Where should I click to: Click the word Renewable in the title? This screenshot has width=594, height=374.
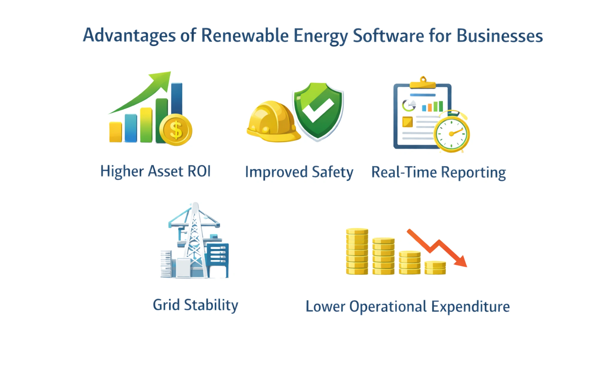click(245, 36)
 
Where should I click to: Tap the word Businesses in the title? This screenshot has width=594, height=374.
click(500, 36)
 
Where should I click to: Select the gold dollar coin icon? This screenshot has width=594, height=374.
click(176, 130)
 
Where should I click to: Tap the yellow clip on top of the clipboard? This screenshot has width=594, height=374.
click(423, 83)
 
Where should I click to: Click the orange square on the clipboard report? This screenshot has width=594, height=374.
click(407, 122)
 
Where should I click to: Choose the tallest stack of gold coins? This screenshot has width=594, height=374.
click(357, 251)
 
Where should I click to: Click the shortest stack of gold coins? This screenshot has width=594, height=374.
click(435, 268)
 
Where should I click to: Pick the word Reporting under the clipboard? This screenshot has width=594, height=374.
click(473, 173)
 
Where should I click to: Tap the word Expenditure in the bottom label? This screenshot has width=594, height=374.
click(471, 307)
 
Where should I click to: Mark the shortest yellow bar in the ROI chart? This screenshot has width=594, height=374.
click(116, 132)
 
